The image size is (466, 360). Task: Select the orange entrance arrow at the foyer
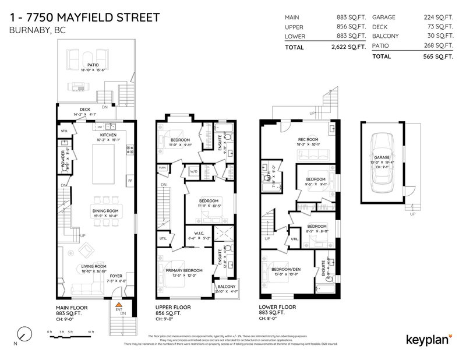(x=118, y=304)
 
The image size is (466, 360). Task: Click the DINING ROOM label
(x=105, y=211)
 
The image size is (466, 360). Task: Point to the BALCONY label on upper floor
(x=227, y=287)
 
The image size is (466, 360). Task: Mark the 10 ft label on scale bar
(x=90, y=331)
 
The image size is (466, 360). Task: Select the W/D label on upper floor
(x=193, y=172)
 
